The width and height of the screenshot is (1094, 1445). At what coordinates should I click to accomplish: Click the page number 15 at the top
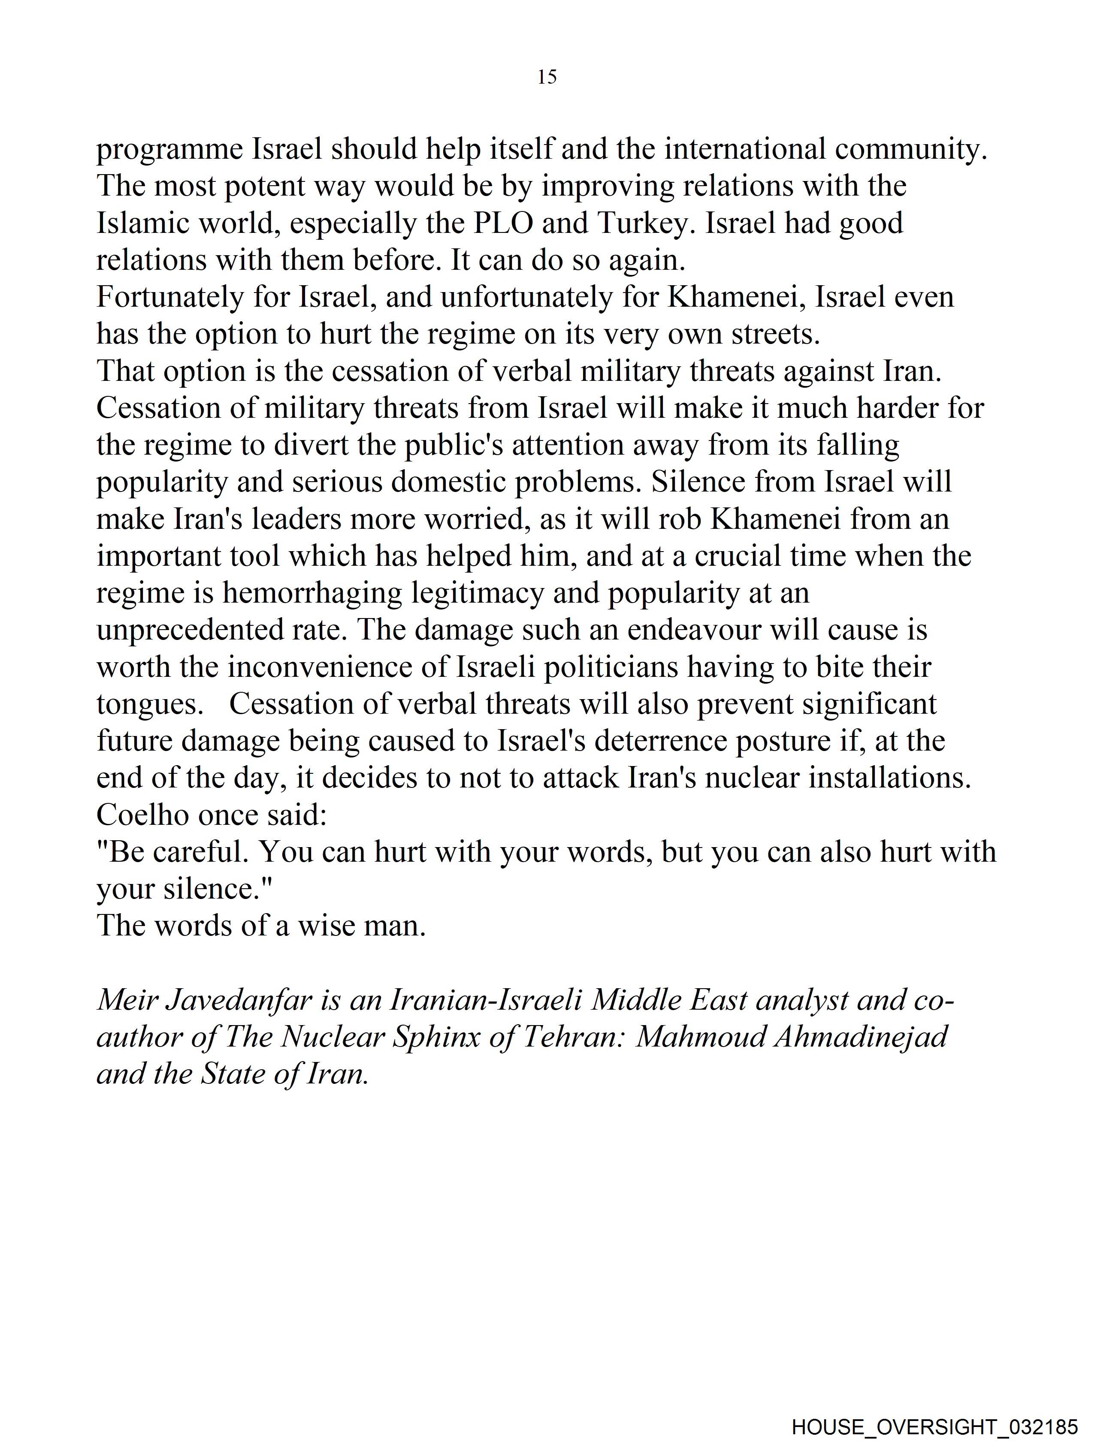[547, 77]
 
